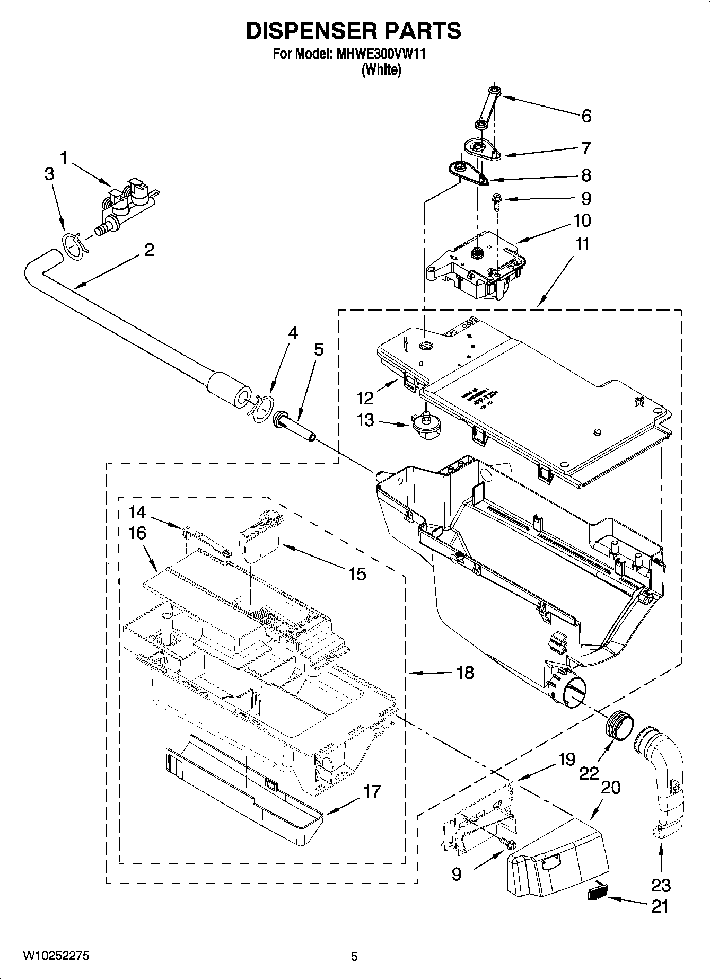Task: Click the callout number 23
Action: click(x=661, y=885)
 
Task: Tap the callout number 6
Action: click(x=586, y=116)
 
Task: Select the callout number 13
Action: click(x=365, y=420)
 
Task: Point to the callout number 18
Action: click(x=465, y=673)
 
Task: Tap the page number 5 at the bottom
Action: click(x=354, y=957)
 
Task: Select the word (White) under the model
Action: click(x=381, y=69)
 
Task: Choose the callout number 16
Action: click(x=137, y=533)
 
